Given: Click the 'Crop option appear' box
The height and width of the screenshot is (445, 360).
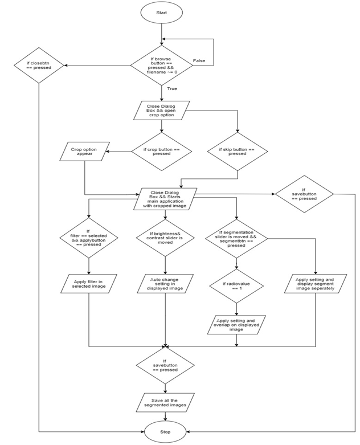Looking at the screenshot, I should click(x=84, y=153).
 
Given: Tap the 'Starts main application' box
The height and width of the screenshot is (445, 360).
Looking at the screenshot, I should click(x=165, y=199).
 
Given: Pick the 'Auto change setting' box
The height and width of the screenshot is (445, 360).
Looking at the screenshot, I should click(x=165, y=283).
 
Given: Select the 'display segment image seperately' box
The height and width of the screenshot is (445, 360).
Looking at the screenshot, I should click(x=314, y=284).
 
